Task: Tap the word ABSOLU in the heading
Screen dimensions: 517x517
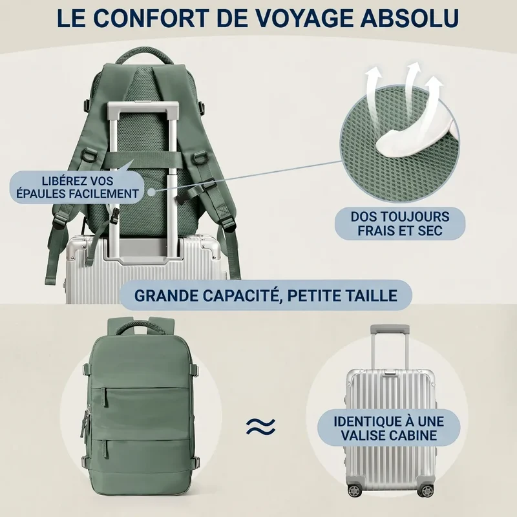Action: [409, 18]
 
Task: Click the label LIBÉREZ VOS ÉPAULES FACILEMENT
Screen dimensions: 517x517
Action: [78, 187]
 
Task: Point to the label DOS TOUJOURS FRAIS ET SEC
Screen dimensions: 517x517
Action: [399, 224]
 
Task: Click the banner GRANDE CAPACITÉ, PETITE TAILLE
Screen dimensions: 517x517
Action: [266, 295]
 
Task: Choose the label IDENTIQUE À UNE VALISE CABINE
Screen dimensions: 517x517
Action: [389, 428]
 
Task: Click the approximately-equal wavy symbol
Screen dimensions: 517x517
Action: [260, 427]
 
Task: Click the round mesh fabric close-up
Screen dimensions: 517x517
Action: [399, 142]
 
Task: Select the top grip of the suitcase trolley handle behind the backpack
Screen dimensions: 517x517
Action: [143, 107]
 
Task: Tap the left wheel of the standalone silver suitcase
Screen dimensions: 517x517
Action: [353, 490]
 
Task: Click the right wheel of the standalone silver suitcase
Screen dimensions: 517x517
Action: [427, 491]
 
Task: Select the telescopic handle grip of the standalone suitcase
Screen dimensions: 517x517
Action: [390, 329]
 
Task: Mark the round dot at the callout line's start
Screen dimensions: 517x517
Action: [152, 191]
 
